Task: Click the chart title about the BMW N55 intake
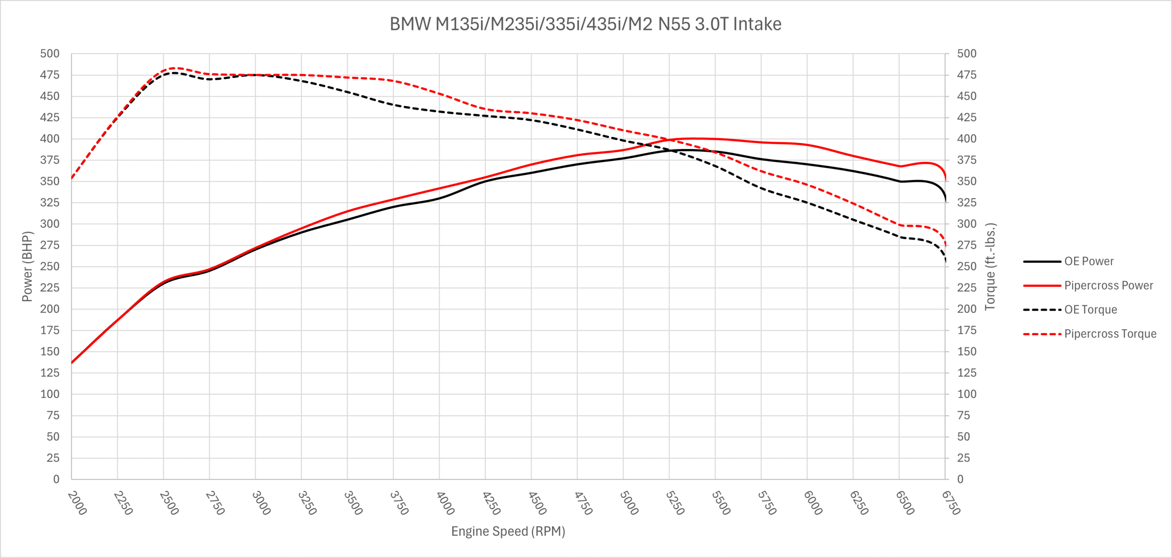[x=585, y=24]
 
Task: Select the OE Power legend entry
[x=1089, y=261]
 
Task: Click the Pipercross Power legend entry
[x=1108, y=285]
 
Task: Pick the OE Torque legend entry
[x=1090, y=310]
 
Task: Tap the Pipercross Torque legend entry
[x=1110, y=334]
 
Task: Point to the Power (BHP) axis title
[x=27, y=266]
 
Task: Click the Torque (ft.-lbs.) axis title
[x=990, y=266]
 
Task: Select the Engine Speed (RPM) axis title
[x=508, y=531]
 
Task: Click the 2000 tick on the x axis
[x=77, y=503]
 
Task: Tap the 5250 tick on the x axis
[x=675, y=503]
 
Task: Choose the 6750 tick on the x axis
[x=950, y=503]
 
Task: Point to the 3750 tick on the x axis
[x=399, y=503]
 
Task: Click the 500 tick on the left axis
[x=50, y=54]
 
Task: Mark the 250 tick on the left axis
[x=50, y=266]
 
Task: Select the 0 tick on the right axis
[x=960, y=479]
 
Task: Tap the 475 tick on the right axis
[x=966, y=75]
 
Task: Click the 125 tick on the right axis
[x=966, y=373]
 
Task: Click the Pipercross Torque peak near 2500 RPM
[x=176, y=68]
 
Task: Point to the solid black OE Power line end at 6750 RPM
[x=945, y=201]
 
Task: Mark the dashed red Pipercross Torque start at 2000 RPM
[x=72, y=178]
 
